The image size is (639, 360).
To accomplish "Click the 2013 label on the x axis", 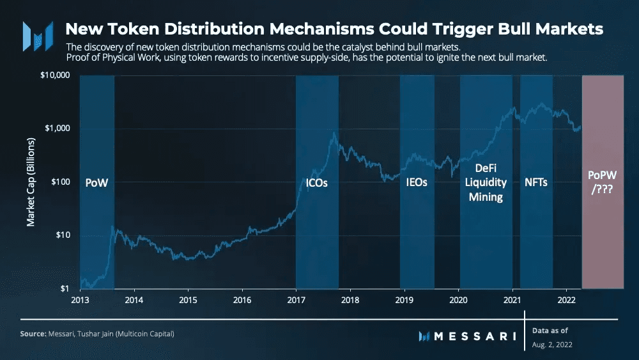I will tap(81, 299).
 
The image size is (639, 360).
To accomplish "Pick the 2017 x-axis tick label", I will tap(296, 299).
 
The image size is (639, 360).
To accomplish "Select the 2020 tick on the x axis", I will tap(458, 299).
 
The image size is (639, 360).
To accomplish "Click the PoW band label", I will tap(97, 183).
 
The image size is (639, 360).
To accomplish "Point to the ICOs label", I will tap(312, 183).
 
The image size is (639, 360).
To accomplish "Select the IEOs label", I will tap(417, 183).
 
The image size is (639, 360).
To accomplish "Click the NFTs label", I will tap(536, 183).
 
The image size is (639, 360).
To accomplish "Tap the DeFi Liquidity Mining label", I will tap(486, 182).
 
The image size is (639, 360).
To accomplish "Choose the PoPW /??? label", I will tap(603, 182).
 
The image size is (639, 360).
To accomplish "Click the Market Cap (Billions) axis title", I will tap(31, 182).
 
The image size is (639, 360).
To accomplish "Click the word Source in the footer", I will tap(32, 334).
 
